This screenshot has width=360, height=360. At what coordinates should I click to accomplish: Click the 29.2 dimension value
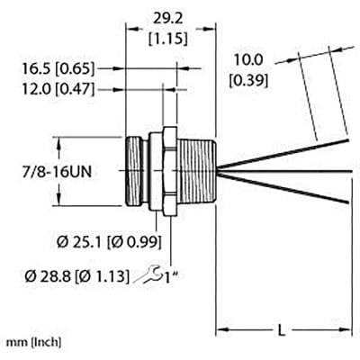(168, 16)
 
